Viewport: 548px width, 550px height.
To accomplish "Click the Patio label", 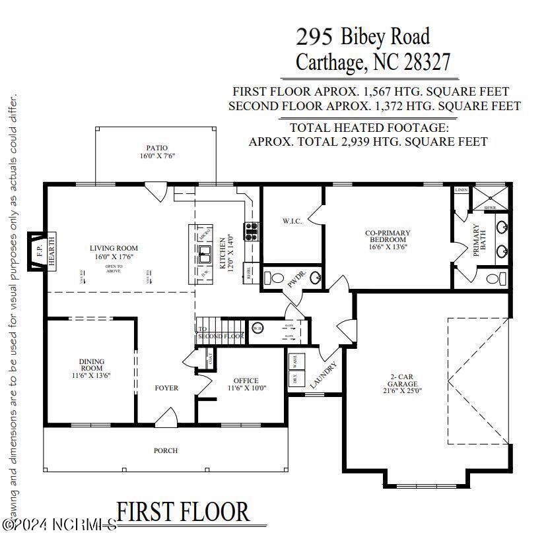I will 156,152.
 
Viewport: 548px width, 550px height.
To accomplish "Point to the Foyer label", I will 166,388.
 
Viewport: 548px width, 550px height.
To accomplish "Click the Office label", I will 246,384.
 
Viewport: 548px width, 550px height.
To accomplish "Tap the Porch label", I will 166,450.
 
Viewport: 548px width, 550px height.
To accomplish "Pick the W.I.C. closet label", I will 291,221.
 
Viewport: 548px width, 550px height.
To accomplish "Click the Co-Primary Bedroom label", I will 388,240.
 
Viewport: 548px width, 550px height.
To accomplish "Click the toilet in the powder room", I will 275,276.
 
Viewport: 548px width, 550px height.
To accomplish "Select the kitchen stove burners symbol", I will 252,230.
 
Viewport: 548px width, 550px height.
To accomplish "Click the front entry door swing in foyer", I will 166,415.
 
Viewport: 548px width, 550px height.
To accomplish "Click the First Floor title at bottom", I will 184,511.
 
